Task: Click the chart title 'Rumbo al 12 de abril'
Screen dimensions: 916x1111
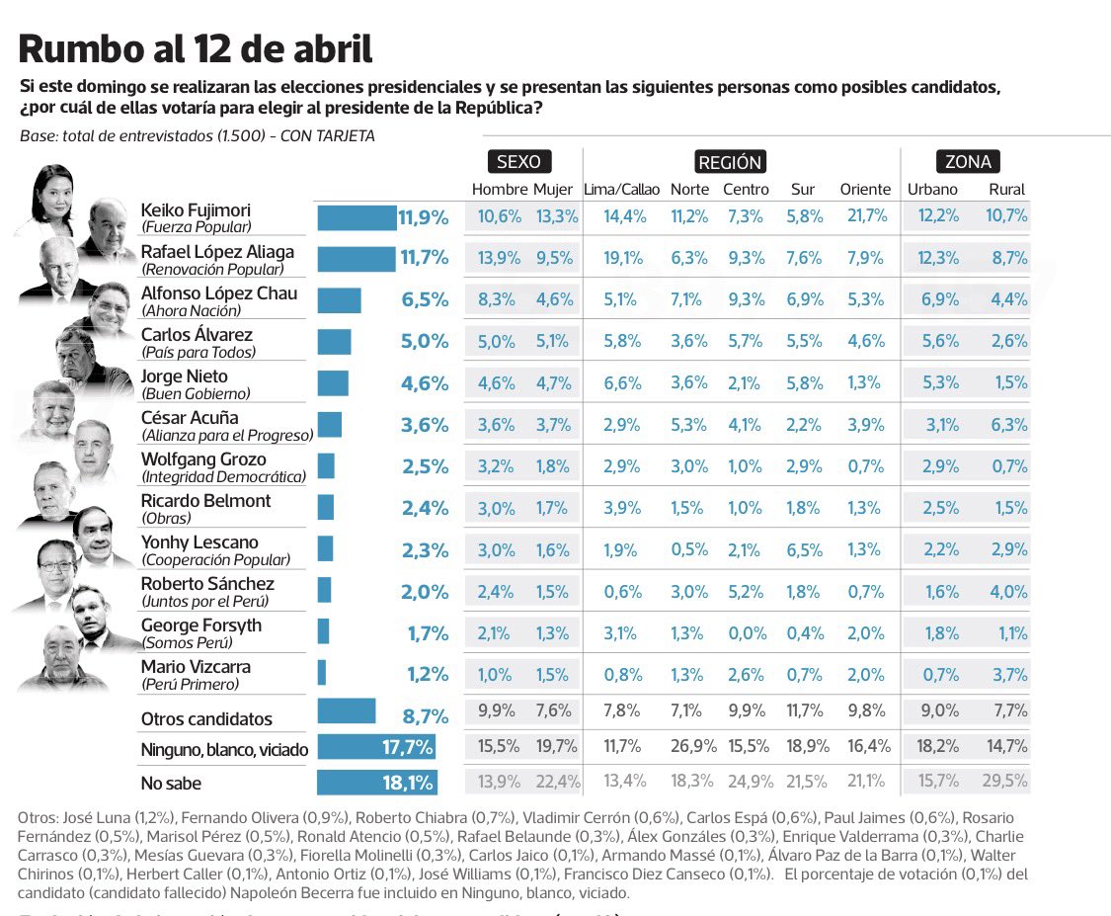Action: click(x=197, y=49)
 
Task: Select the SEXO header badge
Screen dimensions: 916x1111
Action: click(x=518, y=162)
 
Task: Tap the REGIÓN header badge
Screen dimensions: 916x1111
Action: click(x=730, y=162)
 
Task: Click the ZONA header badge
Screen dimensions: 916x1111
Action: click(x=968, y=162)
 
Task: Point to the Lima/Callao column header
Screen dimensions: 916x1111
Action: click(x=622, y=190)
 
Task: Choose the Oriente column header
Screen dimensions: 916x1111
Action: click(x=865, y=190)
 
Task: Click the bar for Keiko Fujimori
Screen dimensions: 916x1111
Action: click(x=356, y=217)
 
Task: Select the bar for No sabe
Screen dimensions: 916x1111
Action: click(x=375, y=783)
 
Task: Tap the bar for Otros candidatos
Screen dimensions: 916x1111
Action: click(x=346, y=711)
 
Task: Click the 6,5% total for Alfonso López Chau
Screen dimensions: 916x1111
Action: click(x=425, y=300)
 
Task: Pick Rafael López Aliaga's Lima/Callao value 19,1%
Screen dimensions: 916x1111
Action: click(x=624, y=259)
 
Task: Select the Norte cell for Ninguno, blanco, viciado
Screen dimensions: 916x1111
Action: click(x=691, y=746)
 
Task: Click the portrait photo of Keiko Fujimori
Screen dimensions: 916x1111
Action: click(x=54, y=195)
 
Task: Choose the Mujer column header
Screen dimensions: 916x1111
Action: click(x=553, y=190)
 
